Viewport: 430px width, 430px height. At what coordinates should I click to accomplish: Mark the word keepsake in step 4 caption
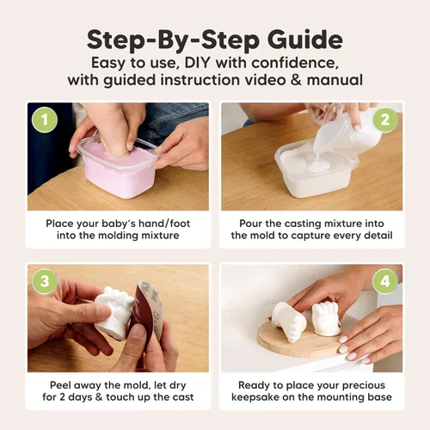(x=264, y=397)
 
